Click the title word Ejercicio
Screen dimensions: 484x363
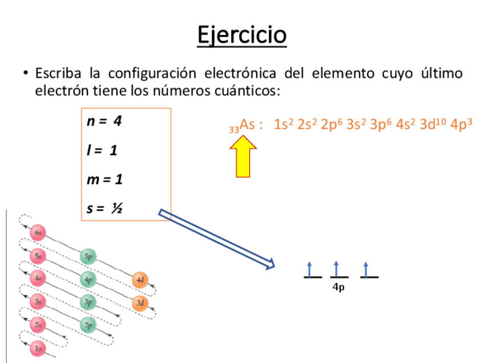pyautogui.click(x=241, y=35)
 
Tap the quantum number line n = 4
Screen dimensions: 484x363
pyautogui.click(x=104, y=121)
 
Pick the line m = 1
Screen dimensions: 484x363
pyautogui.click(x=104, y=179)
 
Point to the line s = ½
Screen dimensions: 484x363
pyautogui.click(x=104, y=208)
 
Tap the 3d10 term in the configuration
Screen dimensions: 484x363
pyautogui.click(x=432, y=124)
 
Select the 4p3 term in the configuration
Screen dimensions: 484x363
pyautogui.click(x=461, y=124)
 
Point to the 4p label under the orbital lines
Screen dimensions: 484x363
pyautogui.click(x=338, y=288)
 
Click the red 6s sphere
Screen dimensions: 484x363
pyautogui.click(x=38, y=232)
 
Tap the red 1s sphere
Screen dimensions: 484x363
pyautogui.click(x=38, y=348)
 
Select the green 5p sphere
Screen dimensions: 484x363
pyautogui.click(x=88, y=256)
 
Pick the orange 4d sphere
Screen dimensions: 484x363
pyautogui.click(x=140, y=280)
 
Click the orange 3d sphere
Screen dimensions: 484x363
pyautogui.click(x=140, y=302)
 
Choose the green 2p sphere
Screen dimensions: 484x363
pyautogui.click(x=88, y=325)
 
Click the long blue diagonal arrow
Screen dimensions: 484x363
pyautogui.click(x=217, y=239)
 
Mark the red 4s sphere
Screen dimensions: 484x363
pyautogui.click(x=38, y=279)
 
